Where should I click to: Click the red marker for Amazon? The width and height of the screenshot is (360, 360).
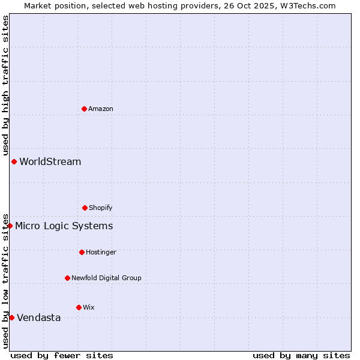pos(84,109)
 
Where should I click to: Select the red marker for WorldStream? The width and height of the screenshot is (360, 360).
pos(14,161)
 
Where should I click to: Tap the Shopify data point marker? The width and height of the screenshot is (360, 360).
pos(85,208)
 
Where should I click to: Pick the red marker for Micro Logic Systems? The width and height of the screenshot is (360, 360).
pos(10,226)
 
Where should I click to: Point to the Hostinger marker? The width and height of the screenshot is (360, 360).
pos(82,252)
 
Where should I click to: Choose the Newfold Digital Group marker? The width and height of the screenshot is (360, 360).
pos(67,278)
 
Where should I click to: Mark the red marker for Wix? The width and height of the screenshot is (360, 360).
pos(79,307)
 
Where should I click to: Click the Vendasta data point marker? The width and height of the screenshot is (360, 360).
pos(11,317)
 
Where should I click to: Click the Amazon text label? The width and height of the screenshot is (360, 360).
pos(101,109)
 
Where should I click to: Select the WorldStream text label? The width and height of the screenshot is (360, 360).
pos(50,161)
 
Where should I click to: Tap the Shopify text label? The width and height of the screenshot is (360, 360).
pos(101,208)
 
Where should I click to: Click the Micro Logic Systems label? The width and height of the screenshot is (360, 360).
pos(64,226)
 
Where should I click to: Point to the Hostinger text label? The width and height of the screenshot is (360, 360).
pos(101,252)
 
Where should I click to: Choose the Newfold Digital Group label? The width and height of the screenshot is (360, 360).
pos(106,278)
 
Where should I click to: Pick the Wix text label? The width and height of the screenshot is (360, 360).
pos(89,307)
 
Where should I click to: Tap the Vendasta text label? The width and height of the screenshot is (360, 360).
pos(39,317)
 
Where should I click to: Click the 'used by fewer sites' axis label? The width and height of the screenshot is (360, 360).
pos(62,355)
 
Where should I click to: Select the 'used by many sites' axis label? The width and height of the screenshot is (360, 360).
pos(301,355)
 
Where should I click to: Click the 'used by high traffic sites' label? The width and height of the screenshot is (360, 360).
pos(5,86)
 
